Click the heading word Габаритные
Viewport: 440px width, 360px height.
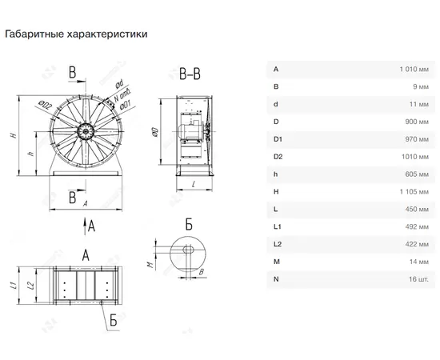coord(34,34)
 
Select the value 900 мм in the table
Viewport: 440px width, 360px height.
coord(417,122)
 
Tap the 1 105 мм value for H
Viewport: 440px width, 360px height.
coord(414,192)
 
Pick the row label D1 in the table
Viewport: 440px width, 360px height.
coord(278,139)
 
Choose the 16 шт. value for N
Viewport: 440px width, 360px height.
coord(418,279)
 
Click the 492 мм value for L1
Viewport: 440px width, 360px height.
coord(417,226)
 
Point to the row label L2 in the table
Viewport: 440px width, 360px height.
coord(278,244)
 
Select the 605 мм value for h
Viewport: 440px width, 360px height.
coord(417,174)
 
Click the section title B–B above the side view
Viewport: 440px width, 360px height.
coord(190,74)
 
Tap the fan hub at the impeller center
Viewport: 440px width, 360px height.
coord(86,131)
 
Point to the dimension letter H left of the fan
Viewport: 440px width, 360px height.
coord(14,135)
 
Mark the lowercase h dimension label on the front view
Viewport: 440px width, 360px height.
coord(31,154)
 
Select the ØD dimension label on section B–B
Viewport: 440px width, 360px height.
coord(155,132)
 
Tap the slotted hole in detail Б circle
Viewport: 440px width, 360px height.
coord(188,250)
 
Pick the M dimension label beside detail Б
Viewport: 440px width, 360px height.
coord(151,264)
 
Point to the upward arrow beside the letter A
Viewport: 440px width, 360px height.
coord(85,226)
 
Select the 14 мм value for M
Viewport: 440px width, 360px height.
coord(418,262)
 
